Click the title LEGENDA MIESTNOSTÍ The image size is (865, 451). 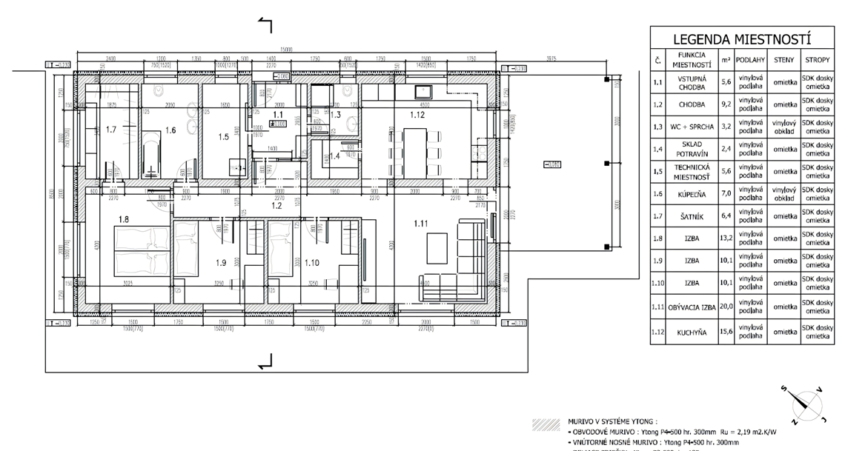click(742, 39)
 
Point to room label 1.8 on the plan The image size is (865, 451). click(123, 219)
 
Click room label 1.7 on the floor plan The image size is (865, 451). click(111, 130)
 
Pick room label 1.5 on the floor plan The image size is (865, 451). click(224, 136)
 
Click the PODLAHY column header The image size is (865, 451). click(749, 60)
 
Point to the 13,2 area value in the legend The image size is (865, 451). click(726, 239)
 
